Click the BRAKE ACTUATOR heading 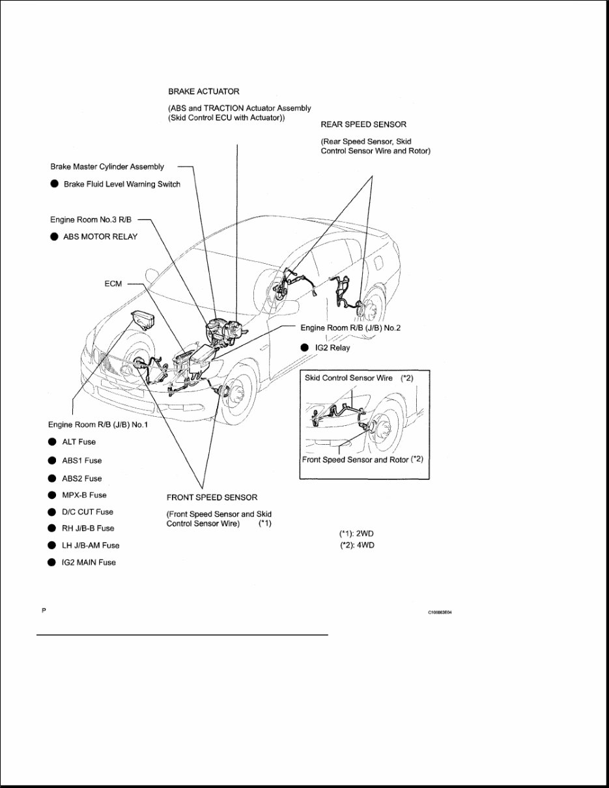coord(203,92)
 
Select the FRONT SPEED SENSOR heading coord(212,498)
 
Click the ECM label coord(113,285)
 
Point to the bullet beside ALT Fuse coord(51,442)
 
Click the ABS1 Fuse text coord(81,460)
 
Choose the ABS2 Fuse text coord(81,478)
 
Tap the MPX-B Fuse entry coord(84,495)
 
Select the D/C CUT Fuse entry coord(87,512)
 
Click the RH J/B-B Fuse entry coord(88,528)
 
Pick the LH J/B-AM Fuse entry coord(91,546)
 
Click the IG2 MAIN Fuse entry coord(89,563)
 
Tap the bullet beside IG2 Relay coord(304,348)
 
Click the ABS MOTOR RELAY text coord(100,237)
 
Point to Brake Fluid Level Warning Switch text coord(122,184)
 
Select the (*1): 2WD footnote coord(357,533)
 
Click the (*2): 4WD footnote coord(357,546)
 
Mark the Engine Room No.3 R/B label coord(91,219)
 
